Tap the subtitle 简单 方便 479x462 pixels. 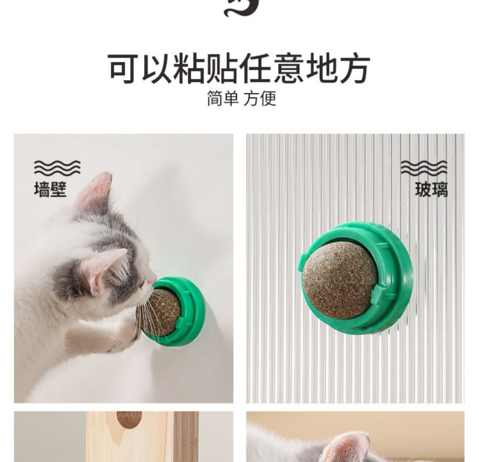click(x=242, y=98)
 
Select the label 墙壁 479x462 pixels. click(x=50, y=189)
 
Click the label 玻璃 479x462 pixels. click(x=431, y=189)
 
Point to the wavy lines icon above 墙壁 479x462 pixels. click(x=57, y=168)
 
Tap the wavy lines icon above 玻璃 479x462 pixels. click(x=424, y=168)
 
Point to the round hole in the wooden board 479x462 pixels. click(x=129, y=419)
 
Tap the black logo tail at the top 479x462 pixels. click(x=241, y=8)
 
